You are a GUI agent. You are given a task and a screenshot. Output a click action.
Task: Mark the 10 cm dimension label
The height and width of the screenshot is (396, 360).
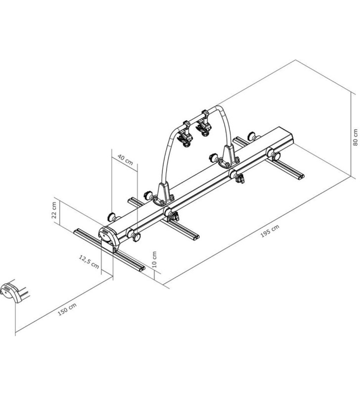[x=154, y=258]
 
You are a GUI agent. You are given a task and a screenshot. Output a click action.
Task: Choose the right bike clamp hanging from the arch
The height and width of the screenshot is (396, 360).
[x=203, y=123]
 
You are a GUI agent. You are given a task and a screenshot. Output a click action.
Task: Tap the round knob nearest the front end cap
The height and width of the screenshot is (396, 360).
[x=135, y=237]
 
